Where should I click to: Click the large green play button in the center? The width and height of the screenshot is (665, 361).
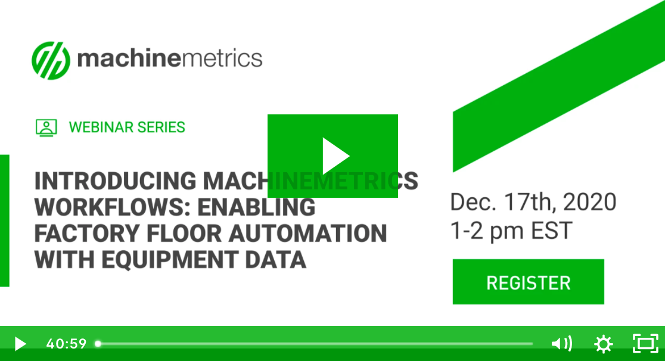(x=332, y=156)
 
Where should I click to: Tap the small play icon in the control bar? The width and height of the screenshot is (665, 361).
(x=20, y=344)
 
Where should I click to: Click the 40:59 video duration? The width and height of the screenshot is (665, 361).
(x=66, y=344)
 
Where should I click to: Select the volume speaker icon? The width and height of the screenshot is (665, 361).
(x=561, y=344)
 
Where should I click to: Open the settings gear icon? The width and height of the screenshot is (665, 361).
(x=604, y=344)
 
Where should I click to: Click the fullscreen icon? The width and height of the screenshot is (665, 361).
(x=645, y=343)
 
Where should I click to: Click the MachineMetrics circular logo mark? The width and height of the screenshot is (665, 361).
(x=51, y=60)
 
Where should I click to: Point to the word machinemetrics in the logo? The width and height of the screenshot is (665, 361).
(x=169, y=58)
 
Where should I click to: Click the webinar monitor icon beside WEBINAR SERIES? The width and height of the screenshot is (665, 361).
(x=46, y=127)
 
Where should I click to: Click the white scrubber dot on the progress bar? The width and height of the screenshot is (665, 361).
(x=98, y=344)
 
